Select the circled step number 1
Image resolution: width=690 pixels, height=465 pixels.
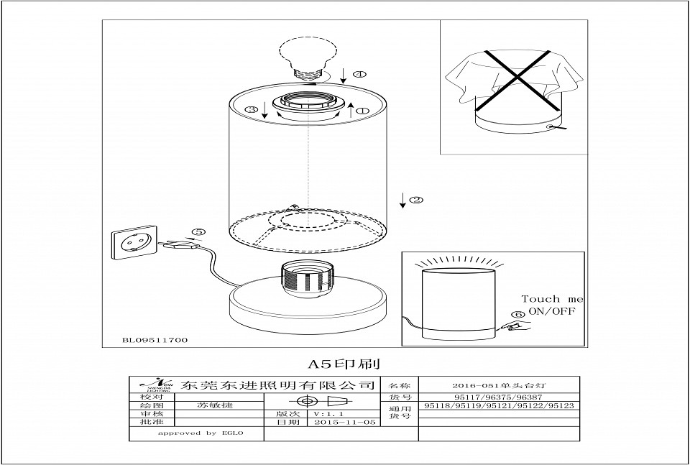pos(362,111)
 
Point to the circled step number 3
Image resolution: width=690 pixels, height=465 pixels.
pos(251,109)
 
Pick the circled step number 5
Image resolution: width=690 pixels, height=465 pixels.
pos(199,231)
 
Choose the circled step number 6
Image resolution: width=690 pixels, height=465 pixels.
pos(518,315)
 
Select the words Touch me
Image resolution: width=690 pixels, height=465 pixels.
pos(551,299)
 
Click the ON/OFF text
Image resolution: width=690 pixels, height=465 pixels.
pos(552,311)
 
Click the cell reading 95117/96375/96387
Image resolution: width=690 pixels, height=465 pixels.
pos(498,396)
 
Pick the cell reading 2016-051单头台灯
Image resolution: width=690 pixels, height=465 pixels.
pos(498,385)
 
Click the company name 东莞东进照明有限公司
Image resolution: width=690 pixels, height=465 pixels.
pos(280,385)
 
